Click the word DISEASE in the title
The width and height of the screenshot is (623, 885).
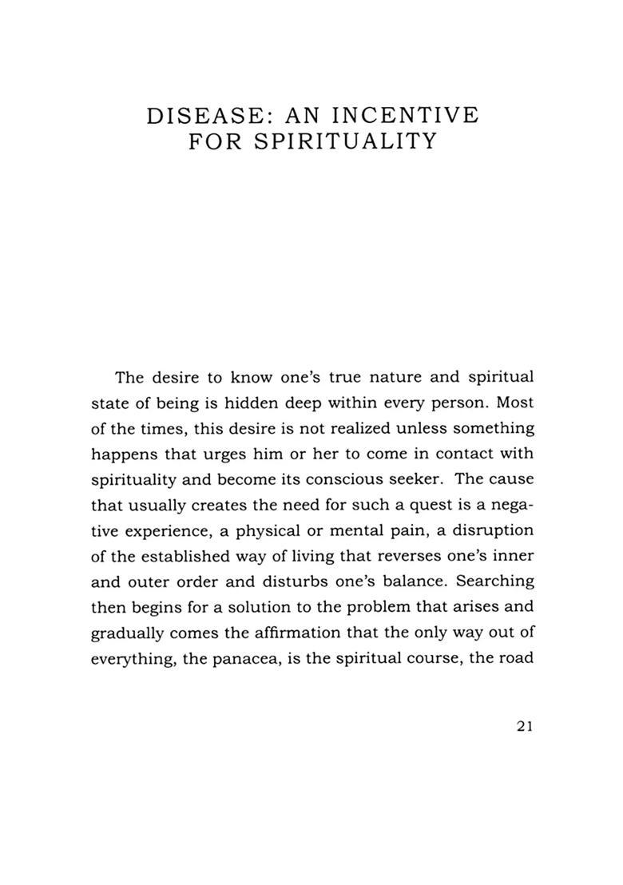coord(204,116)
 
